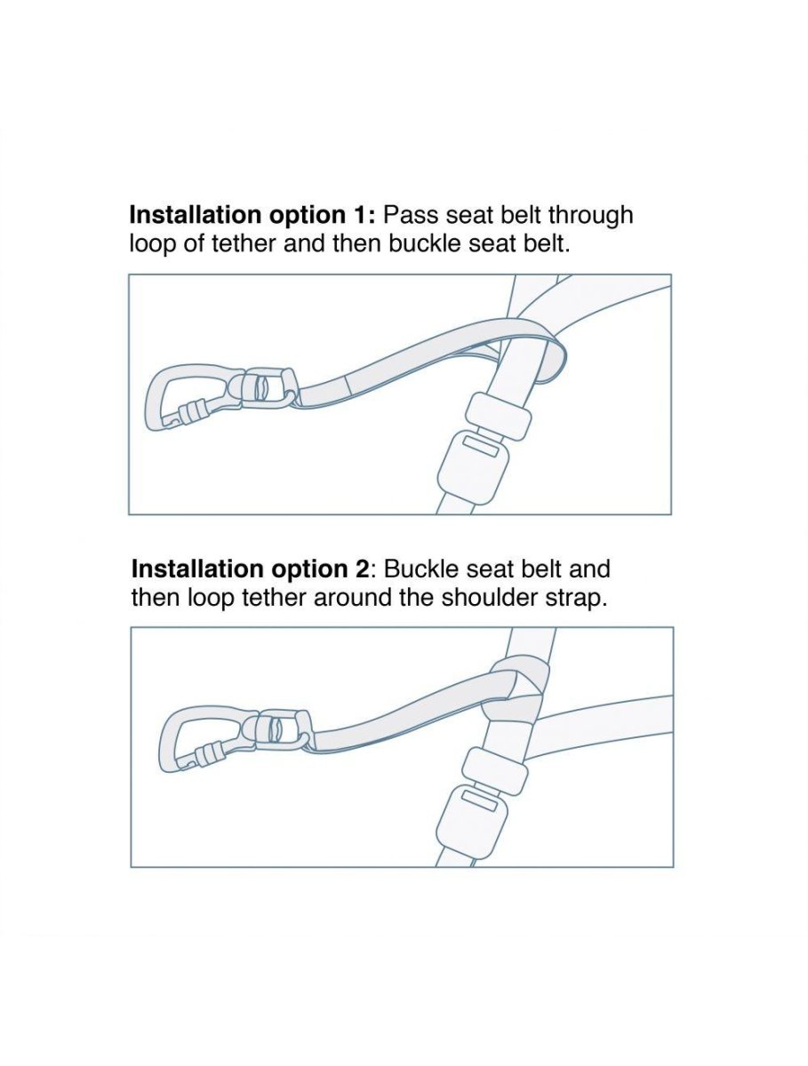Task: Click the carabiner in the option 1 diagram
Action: click(x=155, y=398)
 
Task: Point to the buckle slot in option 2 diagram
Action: click(x=479, y=799)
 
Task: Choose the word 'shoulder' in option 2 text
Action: click(x=492, y=597)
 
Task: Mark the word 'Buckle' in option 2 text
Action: click(x=420, y=569)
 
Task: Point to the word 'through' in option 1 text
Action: click(x=590, y=216)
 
